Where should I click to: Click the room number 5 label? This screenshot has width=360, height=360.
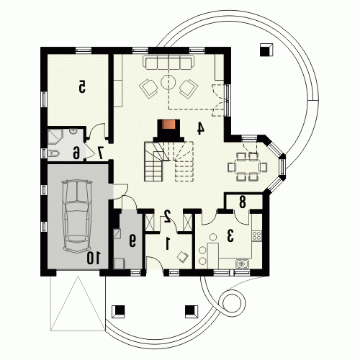(x=82, y=86)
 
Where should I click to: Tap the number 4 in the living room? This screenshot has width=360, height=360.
(x=200, y=128)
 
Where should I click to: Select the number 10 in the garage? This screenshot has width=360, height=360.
(x=94, y=258)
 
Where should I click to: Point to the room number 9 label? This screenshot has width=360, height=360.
(x=132, y=241)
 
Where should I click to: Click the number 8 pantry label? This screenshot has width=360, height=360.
(x=243, y=202)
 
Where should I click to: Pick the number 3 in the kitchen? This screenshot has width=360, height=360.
(x=230, y=235)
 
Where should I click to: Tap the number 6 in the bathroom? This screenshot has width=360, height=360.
(x=76, y=153)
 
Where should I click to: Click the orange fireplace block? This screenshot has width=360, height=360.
(x=168, y=125)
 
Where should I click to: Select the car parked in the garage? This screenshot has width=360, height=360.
(x=77, y=216)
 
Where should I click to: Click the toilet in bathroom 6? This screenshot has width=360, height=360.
(x=53, y=153)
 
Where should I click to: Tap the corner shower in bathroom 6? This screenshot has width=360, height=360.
(x=55, y=136)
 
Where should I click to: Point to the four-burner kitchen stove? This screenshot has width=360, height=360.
(x=256, y=235)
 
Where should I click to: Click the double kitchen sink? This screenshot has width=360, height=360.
(x=243, y=264)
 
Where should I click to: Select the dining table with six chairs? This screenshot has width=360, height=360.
(x=248, y=167)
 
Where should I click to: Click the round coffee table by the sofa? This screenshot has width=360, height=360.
(x=168, y=82)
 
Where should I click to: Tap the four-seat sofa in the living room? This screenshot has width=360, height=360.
(x=168, y=63)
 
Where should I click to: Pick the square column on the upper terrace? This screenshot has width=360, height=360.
(x=266, y=50)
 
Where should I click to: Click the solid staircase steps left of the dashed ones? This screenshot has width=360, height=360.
(x=155, y=161)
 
